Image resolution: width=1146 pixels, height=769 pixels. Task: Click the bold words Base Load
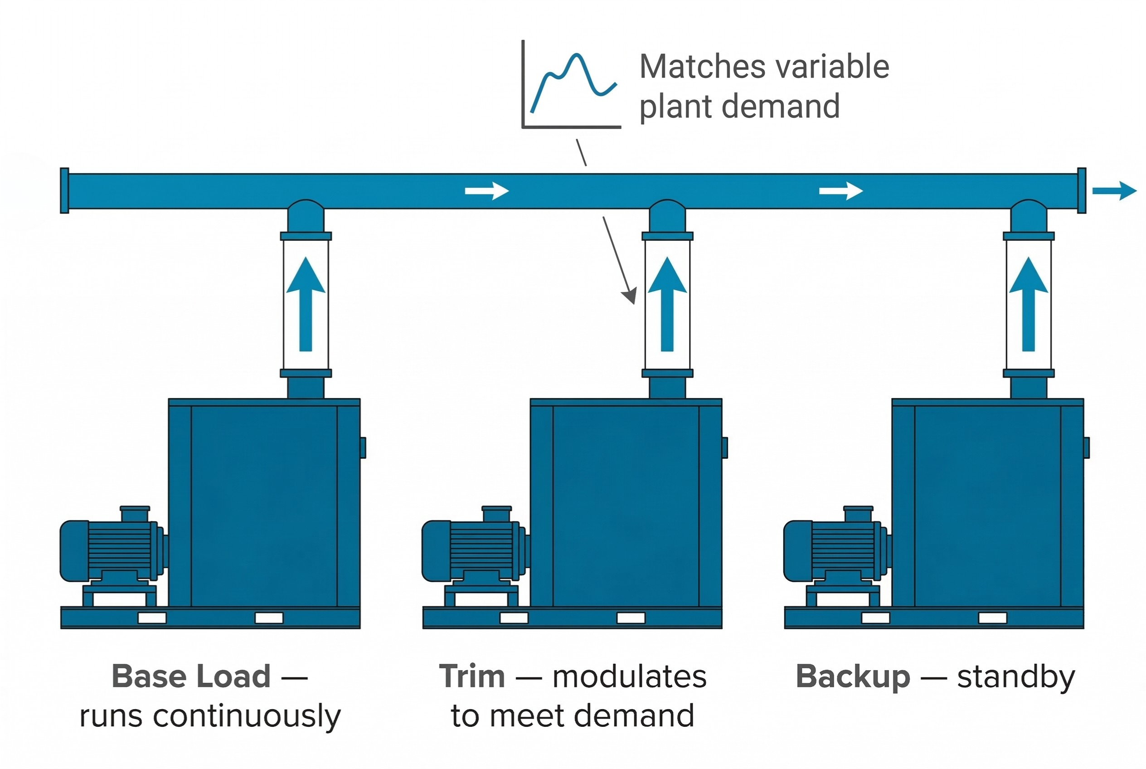click(x=191, y=677)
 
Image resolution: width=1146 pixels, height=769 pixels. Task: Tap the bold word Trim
click(x=472, y=677)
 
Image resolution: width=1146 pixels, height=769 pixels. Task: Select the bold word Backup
click(x=853, y=677)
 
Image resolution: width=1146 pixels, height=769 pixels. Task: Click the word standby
click(x=1016, y=677)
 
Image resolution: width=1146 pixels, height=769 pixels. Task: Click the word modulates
click(x=629, y=677)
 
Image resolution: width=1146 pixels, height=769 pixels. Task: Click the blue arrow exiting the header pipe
click(x=1114, y=191)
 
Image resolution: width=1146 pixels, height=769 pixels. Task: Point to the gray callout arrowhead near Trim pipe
click(x=630, y=296)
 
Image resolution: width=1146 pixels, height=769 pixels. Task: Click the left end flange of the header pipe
click(x=64, y=191)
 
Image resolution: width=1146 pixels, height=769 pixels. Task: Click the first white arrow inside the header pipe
click(x=486, y=191)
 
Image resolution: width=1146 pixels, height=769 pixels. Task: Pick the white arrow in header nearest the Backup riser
click(x=840, y=191)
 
